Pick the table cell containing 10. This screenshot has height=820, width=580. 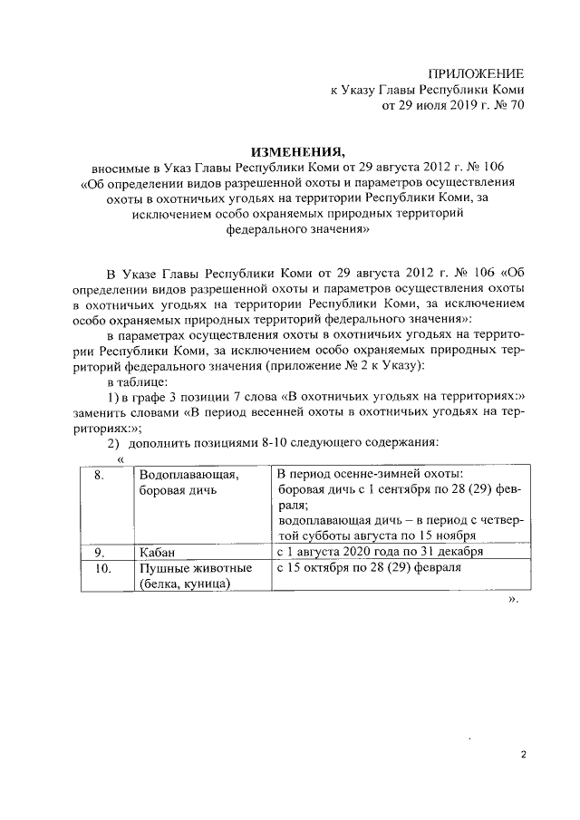click(x=102, y=568)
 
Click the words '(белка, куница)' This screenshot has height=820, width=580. click(x=180, y=584)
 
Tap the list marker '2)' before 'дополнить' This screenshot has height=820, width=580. click(x=113, y=443)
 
